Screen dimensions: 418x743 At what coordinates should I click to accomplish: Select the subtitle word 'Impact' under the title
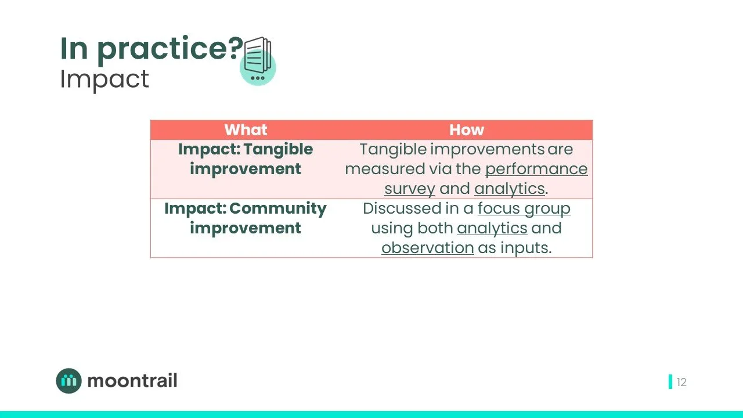pyautogui.click(x=104, y=80)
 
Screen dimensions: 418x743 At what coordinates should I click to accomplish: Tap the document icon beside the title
pyautogui.click(x=258, y=61)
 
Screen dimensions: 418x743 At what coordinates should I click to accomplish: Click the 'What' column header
pyautogui.click(x=246, y=129)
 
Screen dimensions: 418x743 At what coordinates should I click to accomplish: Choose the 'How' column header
pyautogui.click(x=466, y=129)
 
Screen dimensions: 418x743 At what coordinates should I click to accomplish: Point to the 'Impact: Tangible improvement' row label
pyautogui.click(x=246, y=159)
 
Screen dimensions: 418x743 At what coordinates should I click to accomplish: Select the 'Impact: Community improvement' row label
pyautogui.click(x=246, y=218)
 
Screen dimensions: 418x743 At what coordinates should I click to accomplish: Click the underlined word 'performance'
pyautogui.click(x=536, y=169)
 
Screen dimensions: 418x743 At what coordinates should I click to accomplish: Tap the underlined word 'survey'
pyautogui.click(x=409, y=189)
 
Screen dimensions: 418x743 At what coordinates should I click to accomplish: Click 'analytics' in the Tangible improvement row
pyautogui.click(x=510, y=189)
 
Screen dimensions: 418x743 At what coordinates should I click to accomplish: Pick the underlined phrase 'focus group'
pyautogui.click(x=524, y=208)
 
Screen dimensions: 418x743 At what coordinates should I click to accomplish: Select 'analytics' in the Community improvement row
pyautogui.click(x=492, y=228)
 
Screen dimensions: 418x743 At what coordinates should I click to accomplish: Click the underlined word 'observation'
pyautogui.click(x=428, y=248)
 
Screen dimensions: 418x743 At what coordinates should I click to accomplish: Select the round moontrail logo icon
pyautogui.click(x=69, y=381)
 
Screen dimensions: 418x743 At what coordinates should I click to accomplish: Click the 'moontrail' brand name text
pyautogui.click(x=132, y=381)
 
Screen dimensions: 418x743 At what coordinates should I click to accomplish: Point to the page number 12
pyautogui.click(x=681, y=382)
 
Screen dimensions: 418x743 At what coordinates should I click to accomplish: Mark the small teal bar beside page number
pyautogui.click(x=670, y=382)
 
